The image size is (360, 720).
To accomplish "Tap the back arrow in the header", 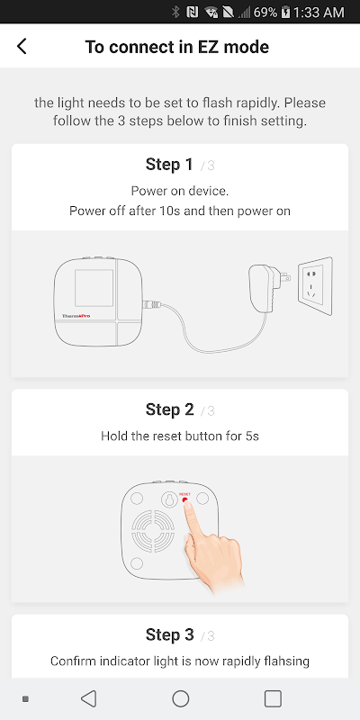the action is tap(22, 47).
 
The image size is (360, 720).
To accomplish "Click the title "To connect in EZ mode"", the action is tap(176, 47).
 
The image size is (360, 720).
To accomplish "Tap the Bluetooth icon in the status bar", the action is tap(175, 12).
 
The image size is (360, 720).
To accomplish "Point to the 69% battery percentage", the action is tap(265, 12).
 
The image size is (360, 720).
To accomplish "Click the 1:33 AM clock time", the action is tap(319, 12).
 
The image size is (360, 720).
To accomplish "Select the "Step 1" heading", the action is tap(169, 164).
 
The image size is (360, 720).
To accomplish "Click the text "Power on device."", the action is tap(180, 191).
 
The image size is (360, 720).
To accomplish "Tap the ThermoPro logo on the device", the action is tap(76, 316).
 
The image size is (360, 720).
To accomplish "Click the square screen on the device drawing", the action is tap(94, 288).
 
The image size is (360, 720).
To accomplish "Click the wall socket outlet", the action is tap(315, 286).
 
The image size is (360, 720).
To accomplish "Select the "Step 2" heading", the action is tap(170, 409).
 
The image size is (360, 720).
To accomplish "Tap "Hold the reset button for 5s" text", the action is tap(180, 436).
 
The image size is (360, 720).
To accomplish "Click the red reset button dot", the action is tap(185, 500).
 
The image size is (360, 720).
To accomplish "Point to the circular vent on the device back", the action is tap(154, 532).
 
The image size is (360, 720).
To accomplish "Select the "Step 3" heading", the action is tap(170, 634).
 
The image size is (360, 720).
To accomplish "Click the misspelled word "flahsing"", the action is tap(285, 661).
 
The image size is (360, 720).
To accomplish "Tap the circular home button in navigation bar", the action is tap(181, 699).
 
